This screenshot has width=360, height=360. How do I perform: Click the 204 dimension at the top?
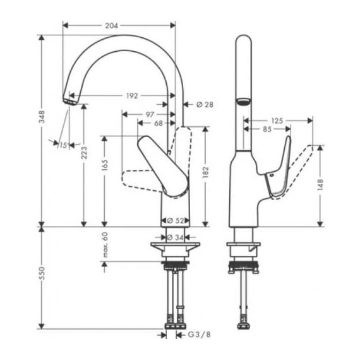coord(111,26)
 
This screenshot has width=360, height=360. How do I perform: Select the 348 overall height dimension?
coord(42,117)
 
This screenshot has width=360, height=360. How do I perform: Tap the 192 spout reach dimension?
coord(132,96)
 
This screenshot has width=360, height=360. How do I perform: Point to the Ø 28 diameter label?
coord(205,105)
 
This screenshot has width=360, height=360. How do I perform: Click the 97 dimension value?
coord(150,114)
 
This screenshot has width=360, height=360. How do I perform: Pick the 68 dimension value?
coord(158,123)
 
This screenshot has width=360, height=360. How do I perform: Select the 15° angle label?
coord(64,145)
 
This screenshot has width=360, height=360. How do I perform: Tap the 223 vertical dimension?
coord(84,153)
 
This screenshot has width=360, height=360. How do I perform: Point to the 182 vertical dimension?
coord(205,172)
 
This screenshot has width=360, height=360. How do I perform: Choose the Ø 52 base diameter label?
coord(176,220)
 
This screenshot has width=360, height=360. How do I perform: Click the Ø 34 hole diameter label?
coord(175,237)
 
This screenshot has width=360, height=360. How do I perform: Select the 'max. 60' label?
coord(105,245)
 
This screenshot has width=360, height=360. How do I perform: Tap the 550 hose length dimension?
coord(42,273)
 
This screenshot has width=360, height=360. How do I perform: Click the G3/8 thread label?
coord(200,335)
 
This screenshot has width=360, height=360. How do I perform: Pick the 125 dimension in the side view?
coord(277,121)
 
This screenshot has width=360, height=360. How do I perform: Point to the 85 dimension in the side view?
coord(267,129)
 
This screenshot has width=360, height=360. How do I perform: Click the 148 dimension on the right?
coord(320,185)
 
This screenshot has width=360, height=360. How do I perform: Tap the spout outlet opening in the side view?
coord(244,101)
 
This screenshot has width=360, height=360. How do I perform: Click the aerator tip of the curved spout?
coord(69,102)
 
